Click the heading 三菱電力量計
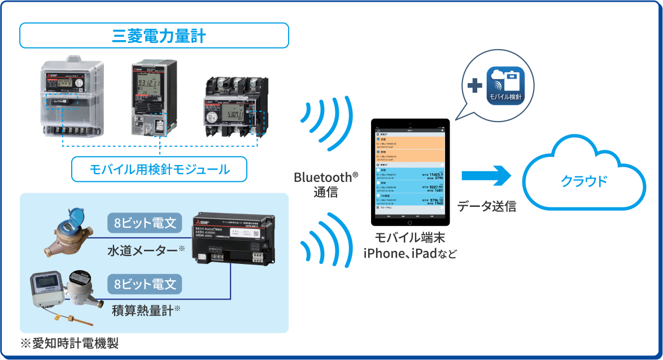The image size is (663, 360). [154, 36]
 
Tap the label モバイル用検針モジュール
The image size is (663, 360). [160, 169]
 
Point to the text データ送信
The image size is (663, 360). [486, 206]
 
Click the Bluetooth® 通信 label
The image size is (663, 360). [326, 184]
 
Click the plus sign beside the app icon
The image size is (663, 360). [475, 86]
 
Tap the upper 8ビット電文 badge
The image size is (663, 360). [145, 223]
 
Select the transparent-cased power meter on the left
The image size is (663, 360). [72, 98]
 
